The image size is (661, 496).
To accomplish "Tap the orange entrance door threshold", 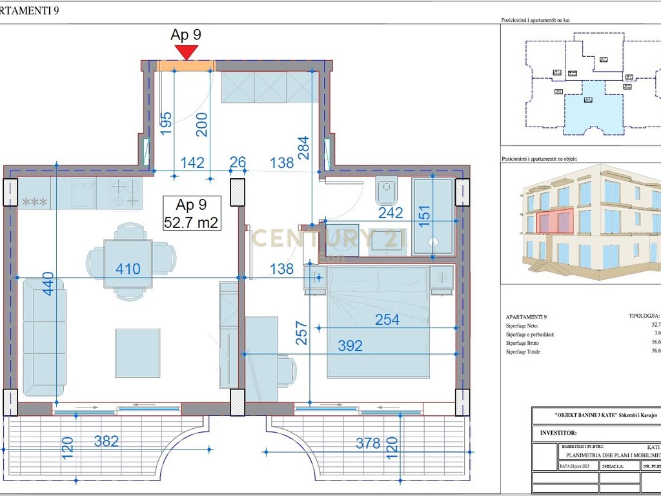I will coord(186,65).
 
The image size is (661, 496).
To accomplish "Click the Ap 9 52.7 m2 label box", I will coord(192,214).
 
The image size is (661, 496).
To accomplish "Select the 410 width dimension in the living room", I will coord(128,269).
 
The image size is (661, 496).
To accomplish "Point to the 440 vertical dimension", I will coord(48,284).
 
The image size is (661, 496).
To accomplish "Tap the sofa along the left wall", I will coord(45,336).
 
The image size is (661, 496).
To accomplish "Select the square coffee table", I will coord(137,353).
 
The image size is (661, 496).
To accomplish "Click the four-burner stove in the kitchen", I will coord(126,193).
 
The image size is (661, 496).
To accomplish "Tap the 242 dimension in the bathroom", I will coord(391,212).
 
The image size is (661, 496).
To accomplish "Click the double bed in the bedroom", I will coord(378,322).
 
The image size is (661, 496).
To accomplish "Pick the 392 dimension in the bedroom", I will coord(350,346).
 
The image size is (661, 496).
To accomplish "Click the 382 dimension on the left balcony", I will coord(107,441).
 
